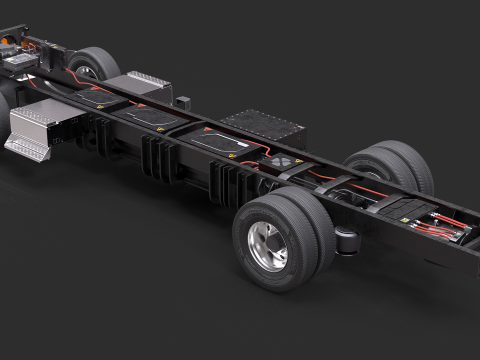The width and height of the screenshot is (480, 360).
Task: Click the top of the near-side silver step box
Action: coord(45,117)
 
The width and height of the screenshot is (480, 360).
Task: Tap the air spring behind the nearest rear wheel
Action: coord(345,241)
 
